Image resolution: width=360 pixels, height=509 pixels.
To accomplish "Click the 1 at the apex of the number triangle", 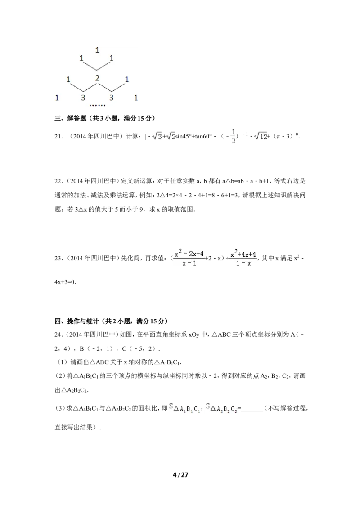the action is (97, 50).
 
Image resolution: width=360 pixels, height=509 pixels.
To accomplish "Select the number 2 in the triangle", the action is (97, 78).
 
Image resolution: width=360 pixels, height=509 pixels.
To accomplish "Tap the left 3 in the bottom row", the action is (83, 98).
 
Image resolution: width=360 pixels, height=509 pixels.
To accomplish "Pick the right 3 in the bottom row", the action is (111, 98).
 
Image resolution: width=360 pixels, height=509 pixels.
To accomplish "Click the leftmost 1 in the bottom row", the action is (57, 98).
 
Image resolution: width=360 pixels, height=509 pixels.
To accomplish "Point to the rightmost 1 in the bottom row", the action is (136, 98).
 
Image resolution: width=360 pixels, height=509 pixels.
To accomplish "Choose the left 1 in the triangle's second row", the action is (81, 58).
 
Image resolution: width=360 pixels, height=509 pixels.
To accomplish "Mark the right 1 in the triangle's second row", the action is (112, 58).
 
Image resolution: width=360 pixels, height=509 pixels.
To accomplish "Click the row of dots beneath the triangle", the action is (98, 106).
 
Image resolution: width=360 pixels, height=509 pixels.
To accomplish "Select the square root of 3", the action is (156, 135).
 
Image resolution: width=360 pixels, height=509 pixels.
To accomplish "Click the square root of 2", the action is (171, 135).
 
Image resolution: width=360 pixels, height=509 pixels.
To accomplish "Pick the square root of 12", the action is (261, 135).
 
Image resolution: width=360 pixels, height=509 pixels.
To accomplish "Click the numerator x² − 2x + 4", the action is (189, 254).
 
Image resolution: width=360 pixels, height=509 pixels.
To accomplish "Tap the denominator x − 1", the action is (189, 263).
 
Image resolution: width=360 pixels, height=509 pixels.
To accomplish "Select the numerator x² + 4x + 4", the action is (243, 254).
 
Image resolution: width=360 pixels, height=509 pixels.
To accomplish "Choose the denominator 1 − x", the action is (243, 263).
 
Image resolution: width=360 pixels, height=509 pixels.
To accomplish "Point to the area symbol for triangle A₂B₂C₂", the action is (222, 407).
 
